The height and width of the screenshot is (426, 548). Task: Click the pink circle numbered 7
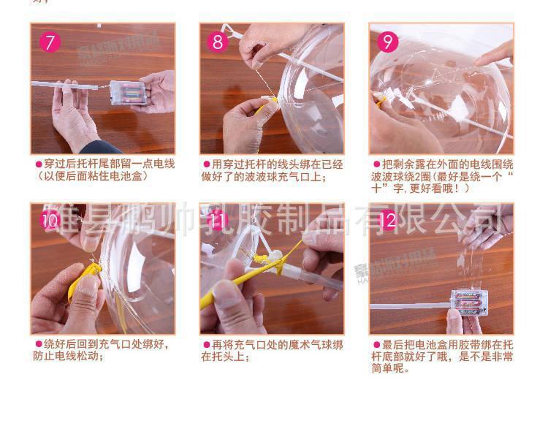tap(49, 42)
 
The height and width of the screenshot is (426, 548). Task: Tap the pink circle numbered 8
tap(218, 42)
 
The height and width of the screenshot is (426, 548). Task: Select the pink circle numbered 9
tap(387, 42)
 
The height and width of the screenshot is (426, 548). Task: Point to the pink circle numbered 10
tap(49, 219)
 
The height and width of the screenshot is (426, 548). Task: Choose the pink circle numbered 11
tap(218, 219)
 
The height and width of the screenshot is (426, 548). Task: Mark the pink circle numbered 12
tap(387, 219)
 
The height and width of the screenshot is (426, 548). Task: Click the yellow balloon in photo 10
tap(83, 281)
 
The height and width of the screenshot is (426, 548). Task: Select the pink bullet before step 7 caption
tap(39, 164)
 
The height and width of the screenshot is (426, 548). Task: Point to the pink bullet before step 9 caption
tap(376, 164)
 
